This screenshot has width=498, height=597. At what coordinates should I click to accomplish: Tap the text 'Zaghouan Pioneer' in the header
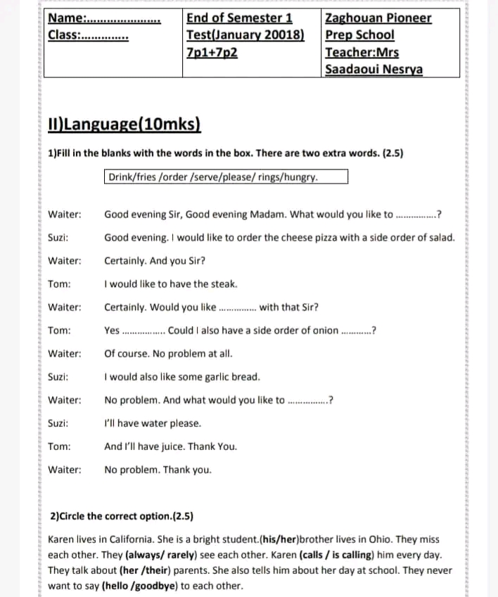378,18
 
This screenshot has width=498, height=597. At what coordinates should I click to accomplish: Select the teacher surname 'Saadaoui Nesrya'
373,69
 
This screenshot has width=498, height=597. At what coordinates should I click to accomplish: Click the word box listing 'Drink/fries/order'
226,176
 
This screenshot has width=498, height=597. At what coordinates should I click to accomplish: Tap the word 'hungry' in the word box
298,176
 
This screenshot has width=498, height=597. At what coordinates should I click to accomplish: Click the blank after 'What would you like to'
416,214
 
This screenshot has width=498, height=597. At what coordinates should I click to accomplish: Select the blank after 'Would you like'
238,307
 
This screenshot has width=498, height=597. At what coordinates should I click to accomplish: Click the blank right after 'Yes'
143,330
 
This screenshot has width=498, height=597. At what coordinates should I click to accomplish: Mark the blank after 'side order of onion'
357,330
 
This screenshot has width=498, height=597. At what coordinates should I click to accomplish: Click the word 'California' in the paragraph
120,539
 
